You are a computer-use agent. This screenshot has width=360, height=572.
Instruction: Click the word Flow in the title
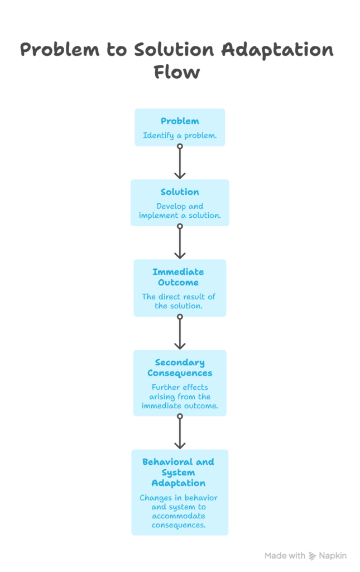tap(176, 73)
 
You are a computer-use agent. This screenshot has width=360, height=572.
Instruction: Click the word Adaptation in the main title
tap(277, 50)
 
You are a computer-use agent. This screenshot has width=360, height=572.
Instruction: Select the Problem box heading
tap(180, 121)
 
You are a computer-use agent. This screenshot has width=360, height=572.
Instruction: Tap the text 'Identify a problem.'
tap(180, 135)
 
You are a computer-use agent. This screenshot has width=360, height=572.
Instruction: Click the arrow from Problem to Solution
tap(180, 163)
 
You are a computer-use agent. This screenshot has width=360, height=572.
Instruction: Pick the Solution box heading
tap(180, 192)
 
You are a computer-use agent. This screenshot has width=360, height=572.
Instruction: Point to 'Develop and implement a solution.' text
tap(180, 211)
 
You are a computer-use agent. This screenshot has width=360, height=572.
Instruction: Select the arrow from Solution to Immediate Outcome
tap(180, 243)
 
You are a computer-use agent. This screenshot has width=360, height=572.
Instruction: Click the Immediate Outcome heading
tap(178, 277)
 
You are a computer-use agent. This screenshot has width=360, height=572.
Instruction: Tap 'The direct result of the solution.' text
tap(178, 301)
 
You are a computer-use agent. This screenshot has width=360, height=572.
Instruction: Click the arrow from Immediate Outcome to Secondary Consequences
tap(180, 333)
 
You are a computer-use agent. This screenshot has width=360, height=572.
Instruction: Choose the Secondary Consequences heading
tap(180, 368)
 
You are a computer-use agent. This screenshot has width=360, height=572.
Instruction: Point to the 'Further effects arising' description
tap(180, 397)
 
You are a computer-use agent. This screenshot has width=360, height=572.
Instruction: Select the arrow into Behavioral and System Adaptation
tap(180, 433)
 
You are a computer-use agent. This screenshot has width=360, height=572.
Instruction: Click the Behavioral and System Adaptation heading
tap(179, 473)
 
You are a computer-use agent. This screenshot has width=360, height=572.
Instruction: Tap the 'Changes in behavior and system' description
tap(179, 511)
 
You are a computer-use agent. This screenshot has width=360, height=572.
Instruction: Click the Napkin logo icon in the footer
tap(312, 556)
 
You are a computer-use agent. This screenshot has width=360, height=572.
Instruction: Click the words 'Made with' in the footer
tap(285, 556)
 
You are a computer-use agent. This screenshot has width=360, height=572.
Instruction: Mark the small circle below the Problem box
tap(180, 146)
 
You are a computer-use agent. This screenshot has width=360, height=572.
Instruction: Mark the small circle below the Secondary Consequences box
tap(180, 416)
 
